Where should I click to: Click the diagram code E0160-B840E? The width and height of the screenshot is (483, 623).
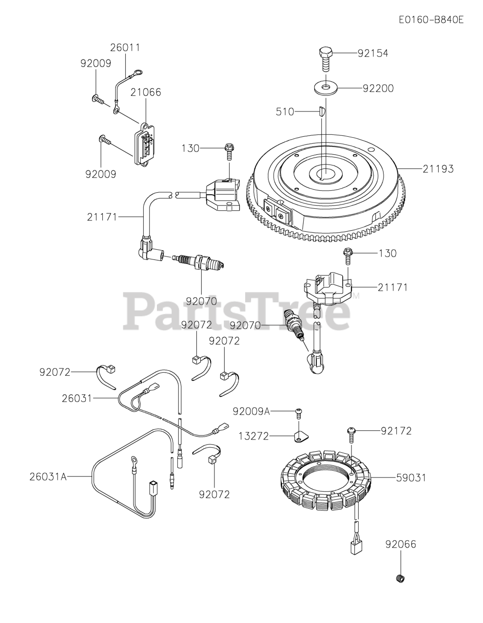(430, 20)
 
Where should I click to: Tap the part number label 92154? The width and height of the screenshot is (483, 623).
(373, 54)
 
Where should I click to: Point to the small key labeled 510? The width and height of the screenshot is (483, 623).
(320, 111)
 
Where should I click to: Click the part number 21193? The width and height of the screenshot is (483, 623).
(438, 169)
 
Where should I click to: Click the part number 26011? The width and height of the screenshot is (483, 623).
(125, 48)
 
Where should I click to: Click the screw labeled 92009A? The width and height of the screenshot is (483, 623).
(299, 413)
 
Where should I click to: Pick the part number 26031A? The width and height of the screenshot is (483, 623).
(47, 476)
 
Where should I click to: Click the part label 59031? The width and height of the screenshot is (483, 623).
(410, 478)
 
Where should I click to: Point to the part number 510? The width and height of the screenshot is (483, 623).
(285, 112)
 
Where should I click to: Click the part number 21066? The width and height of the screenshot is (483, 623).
(145, 92)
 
